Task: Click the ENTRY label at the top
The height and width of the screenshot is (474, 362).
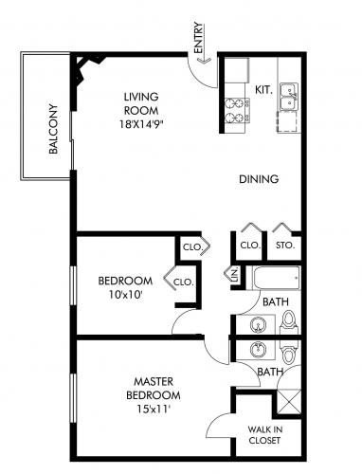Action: (198, 38)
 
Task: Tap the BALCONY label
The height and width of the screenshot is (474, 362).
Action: (54, 129)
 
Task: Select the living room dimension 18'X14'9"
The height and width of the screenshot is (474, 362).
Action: (141, 124)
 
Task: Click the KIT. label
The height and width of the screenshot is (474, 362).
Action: (263, 90)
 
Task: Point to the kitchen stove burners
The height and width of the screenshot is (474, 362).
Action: (238, 111)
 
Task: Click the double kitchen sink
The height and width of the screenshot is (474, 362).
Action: (288, 97)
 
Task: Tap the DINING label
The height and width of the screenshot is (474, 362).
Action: (259, 179)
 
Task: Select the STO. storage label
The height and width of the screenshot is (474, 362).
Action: (285, 246)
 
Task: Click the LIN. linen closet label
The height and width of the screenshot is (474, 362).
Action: (235, 275)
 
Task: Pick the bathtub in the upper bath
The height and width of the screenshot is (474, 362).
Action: (276, 278)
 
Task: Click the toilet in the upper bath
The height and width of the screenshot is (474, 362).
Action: (288, 321)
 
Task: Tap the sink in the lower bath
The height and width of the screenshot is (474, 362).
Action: (259, 350)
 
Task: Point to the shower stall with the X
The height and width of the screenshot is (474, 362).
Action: (288, 401)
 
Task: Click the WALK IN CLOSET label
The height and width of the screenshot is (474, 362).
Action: (264, 435)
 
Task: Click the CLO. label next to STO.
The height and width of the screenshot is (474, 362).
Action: (250, 246)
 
